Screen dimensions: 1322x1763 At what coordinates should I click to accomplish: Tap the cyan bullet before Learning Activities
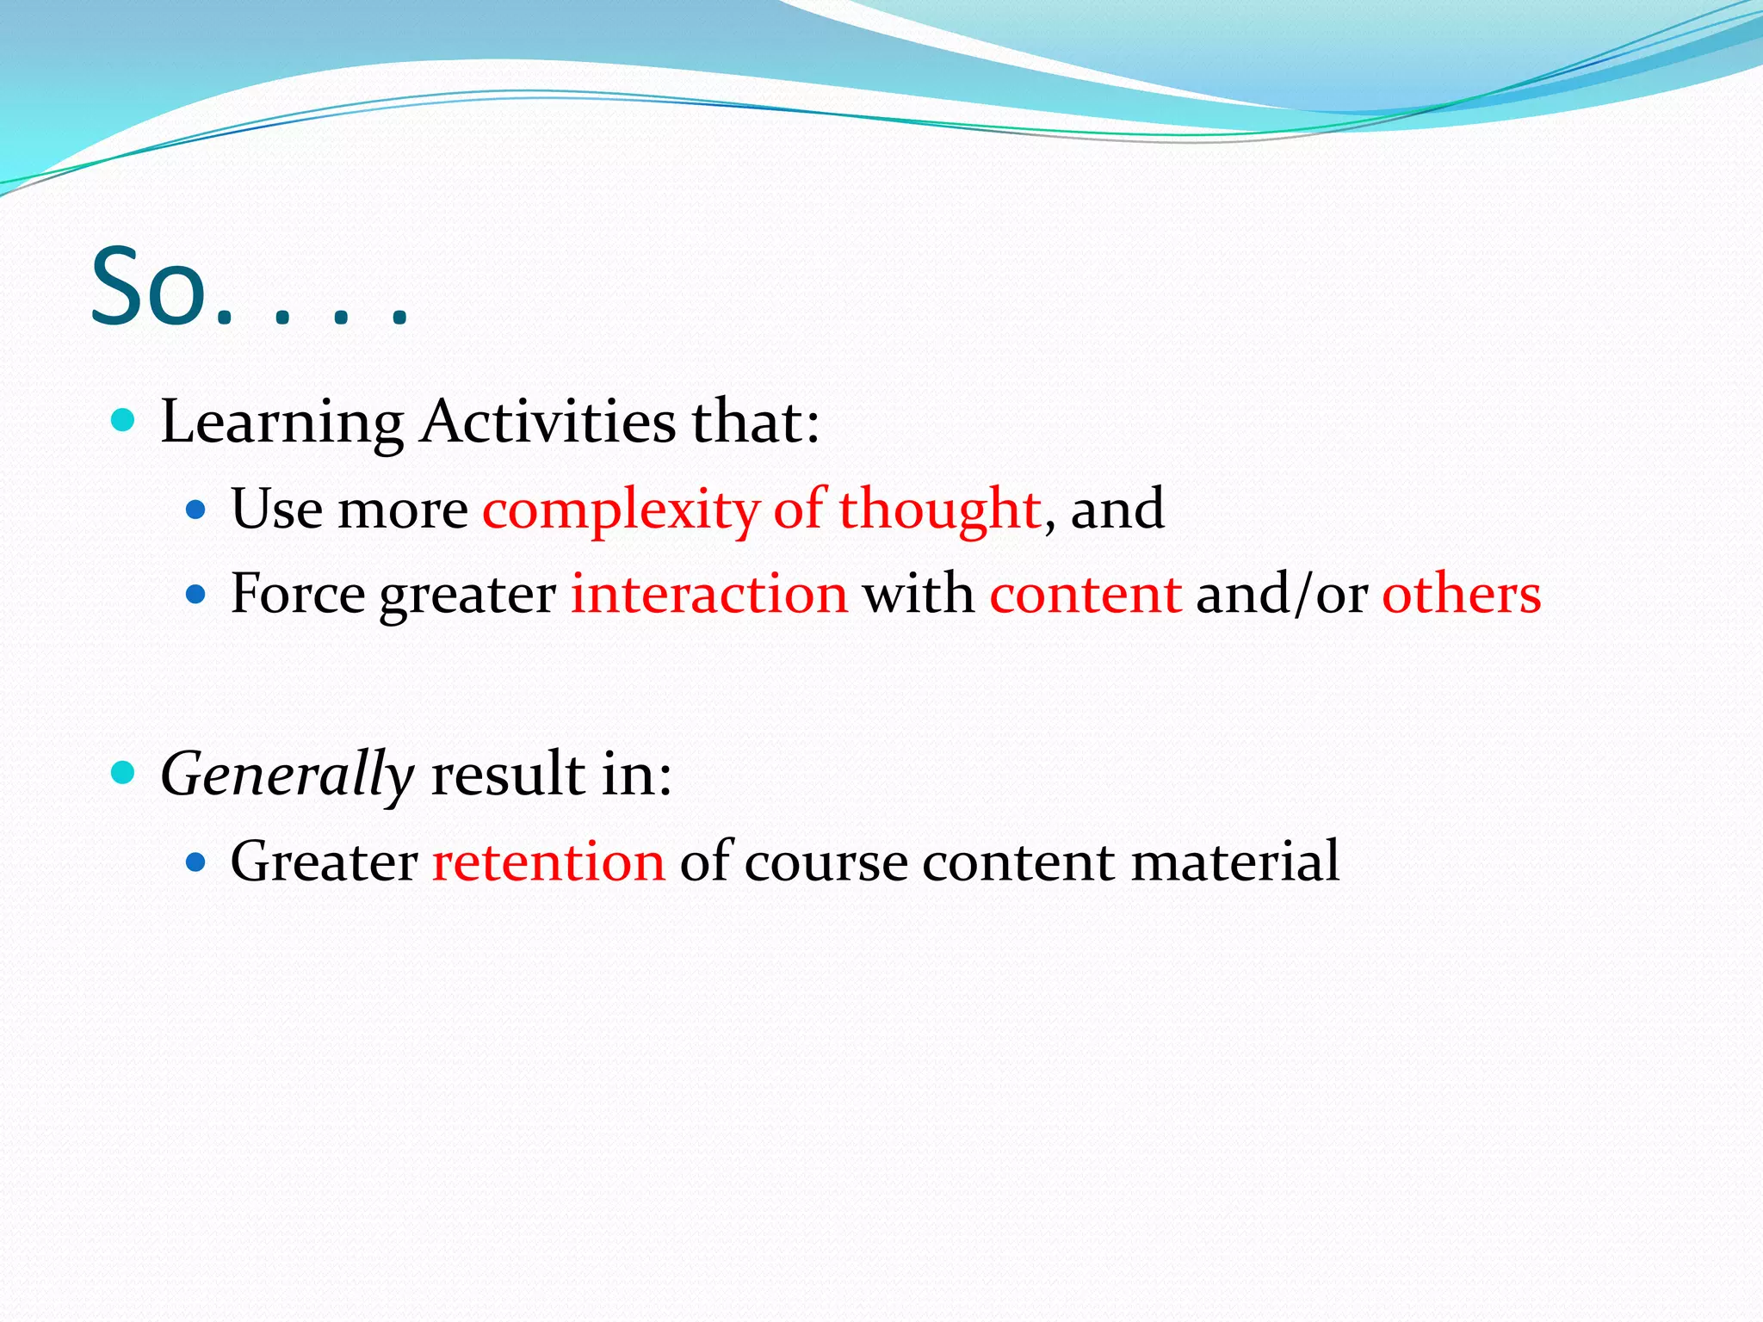[x=124, y=420]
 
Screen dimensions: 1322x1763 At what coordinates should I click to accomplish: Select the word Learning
[x=281, y=423]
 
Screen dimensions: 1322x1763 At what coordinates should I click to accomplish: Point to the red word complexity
[x=621, y=510]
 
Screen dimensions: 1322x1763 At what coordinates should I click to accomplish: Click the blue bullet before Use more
[x=196, y=510]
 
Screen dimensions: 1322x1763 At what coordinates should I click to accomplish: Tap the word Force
[x=298, y=594]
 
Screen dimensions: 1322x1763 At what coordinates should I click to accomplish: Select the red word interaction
[x=709, y=594]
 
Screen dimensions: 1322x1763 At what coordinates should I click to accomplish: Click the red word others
[x=1461, y=594]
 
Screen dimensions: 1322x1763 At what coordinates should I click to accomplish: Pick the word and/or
[x=1282, y=594]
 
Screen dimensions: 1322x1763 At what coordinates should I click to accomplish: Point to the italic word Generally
[x=288, y=775]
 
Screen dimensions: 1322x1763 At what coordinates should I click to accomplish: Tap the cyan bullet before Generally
[x=124, y=772]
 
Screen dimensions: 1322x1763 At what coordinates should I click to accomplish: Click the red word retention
[x=548, y=861]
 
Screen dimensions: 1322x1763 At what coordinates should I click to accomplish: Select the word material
[x=1234, y=861]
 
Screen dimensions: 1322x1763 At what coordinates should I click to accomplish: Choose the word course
[x=826, y=862]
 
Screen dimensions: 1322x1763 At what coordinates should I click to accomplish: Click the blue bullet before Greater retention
[x=196, y=861]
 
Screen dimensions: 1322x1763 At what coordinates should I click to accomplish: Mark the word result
[x=508, y=773]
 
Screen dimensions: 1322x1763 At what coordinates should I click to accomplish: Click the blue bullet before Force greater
[x=196, y=594]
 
